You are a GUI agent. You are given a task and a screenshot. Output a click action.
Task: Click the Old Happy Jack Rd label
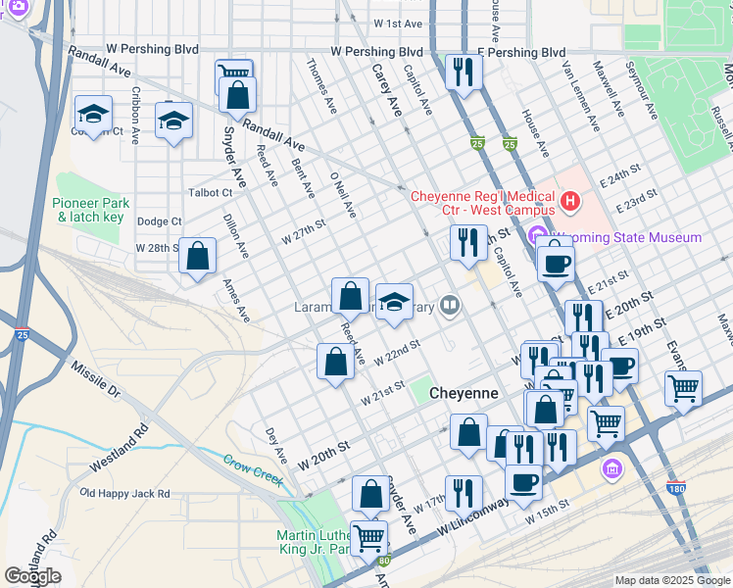pos(124,494)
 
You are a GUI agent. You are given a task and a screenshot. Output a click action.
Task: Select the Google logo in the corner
pos(33,576)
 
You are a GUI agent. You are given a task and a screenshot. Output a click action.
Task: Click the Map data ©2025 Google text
pos(671,580)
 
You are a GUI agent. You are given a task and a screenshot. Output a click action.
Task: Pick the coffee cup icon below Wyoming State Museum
pos(556,262)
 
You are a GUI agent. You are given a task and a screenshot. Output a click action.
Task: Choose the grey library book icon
pos(450,305)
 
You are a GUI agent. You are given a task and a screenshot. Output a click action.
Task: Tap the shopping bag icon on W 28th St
pos(198,257)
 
